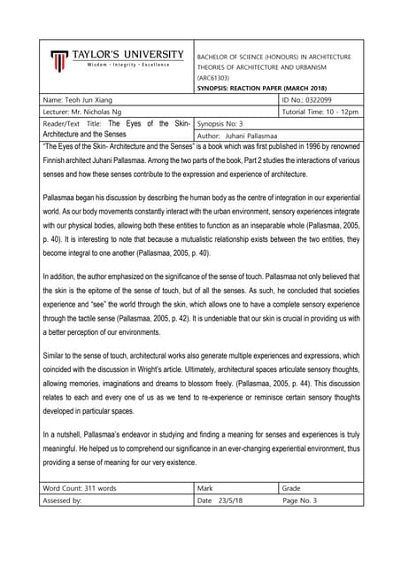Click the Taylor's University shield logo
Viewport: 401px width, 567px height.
59,61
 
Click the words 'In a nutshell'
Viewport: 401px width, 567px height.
65,435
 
